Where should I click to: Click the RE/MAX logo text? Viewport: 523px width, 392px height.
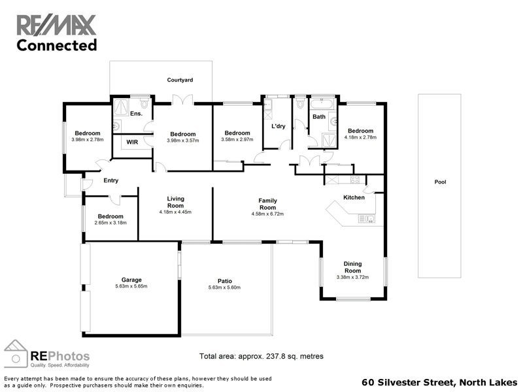[x=56, y=25]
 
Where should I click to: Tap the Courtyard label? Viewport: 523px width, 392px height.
[x=180, y=80]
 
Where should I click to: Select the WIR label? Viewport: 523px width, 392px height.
[x=132, y=141]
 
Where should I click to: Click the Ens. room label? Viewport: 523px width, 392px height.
[x=136, y=114]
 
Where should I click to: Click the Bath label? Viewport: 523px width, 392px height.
[x=319, y=118]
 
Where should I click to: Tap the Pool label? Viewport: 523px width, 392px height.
[x=440, y=182]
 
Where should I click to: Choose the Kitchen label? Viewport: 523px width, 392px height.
[x=354, y=197]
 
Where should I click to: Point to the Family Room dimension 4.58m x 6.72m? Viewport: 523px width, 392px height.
[x=267, y=213]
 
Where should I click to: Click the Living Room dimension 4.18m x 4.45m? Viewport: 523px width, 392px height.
[x=175, y=212]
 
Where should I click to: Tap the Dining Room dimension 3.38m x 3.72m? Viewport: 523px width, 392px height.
[x=352, y=277]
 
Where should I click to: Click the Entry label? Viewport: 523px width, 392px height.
[x=110, y=181]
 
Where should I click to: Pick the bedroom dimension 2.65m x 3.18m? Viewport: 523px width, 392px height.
[x=110, y=223]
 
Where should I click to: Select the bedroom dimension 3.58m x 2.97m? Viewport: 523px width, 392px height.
[x=237, y=140]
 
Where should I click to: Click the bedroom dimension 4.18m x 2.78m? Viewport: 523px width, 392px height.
[x=360, y=137]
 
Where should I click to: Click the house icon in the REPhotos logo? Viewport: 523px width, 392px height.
[x=16, y=353]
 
